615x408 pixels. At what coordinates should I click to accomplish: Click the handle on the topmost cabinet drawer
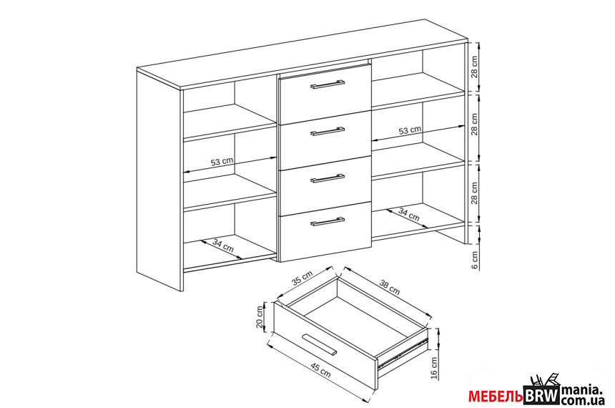(x=328, y=84)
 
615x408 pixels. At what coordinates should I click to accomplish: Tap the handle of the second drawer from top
(x=328, y=131)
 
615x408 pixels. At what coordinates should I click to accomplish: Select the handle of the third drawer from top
(x=328, y=178)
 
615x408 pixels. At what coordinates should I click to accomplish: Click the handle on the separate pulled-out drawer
(x=320, y=345)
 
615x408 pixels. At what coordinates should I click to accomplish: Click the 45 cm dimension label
(x=320, y=370)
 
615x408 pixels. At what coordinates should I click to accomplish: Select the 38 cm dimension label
(x=390, y=287)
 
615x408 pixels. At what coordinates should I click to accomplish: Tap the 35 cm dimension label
(x=302, y=278)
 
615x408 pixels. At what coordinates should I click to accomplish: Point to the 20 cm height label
(x=260, y=317)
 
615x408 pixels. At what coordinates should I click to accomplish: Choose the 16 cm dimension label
(x=434, y=367)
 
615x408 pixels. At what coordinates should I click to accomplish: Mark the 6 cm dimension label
(x=475, y=260)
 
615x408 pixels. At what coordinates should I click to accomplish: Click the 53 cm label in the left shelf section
(x=222, y=161)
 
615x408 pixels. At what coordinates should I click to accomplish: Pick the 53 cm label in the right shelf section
(x=410, y=130)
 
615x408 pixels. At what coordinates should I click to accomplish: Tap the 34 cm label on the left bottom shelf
(x=223, y=246)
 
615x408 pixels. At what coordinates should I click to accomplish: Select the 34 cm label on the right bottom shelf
(x=409, y=214)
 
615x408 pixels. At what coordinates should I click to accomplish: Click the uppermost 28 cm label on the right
(x=475, y=67)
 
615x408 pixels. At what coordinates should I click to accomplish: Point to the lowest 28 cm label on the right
(x=475, y=193)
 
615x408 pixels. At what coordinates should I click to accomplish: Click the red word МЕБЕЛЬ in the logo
(x=496, y=397)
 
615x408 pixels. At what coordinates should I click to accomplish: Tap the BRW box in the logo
(x=541, y=395)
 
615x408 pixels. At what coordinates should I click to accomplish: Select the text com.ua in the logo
(x=583, y=401)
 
